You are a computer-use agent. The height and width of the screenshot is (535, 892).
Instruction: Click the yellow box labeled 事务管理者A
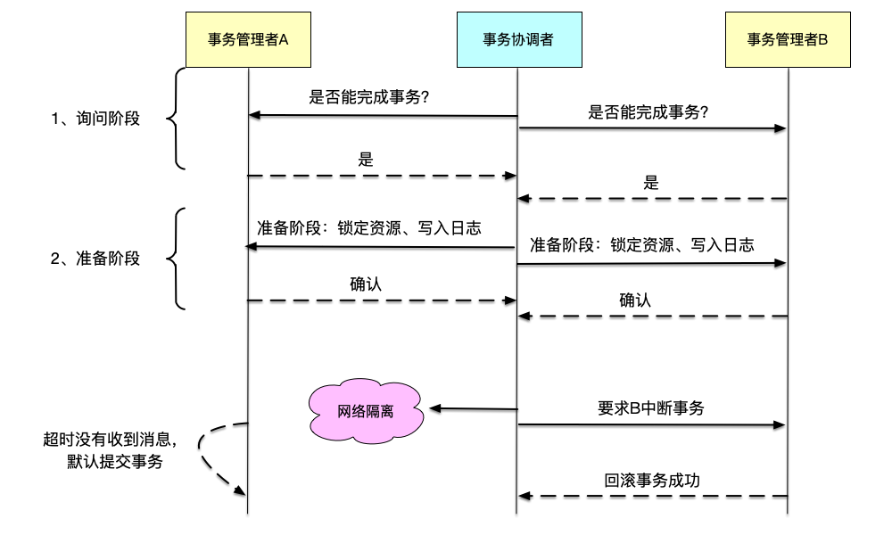[x=248, y=40]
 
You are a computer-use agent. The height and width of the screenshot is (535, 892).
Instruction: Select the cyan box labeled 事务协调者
[x=516, y=40]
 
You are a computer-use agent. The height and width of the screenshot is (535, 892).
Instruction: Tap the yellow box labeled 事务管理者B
[x=788, y=40]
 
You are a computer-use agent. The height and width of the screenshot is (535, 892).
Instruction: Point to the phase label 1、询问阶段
[x=95, y=118]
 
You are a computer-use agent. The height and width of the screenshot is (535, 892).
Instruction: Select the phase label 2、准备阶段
[x=95, y=259]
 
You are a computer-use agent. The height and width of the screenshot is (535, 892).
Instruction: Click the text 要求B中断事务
[x=650, y=408]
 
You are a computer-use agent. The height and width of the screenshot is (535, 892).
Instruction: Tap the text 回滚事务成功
[x=652, y=480]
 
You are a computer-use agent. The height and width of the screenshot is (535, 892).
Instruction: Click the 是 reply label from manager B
[x=651, y=183]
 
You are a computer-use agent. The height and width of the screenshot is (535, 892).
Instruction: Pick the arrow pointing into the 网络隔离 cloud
[x=473, y=409]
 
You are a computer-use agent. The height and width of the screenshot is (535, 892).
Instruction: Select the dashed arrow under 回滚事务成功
[x=652, y=495]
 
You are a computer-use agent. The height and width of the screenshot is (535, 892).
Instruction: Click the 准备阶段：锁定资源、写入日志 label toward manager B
[x=642, y=244]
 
